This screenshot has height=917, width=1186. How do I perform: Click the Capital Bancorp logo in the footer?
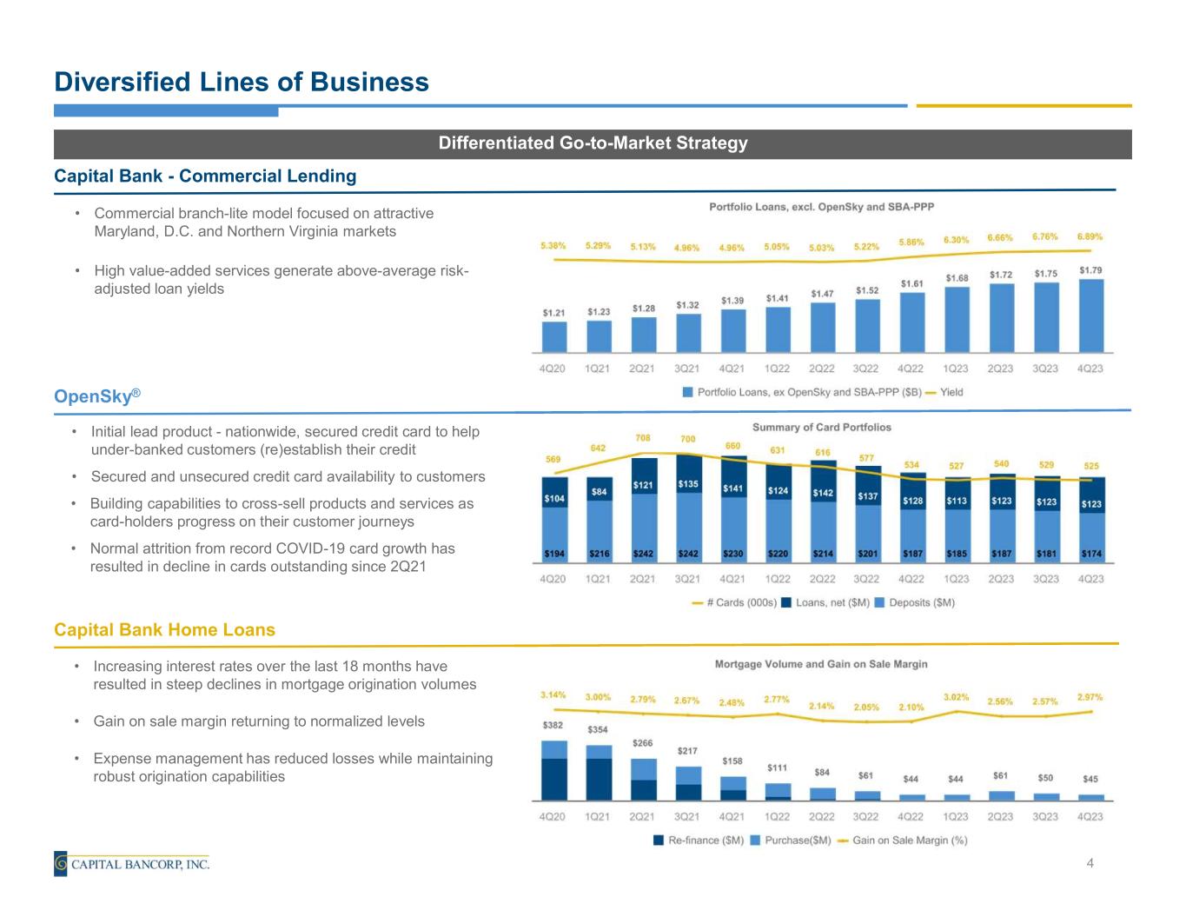(x=132, y=864)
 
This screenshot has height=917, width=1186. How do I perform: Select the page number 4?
(x=1090, y=863)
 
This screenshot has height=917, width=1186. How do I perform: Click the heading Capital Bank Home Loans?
(x=164, y=630)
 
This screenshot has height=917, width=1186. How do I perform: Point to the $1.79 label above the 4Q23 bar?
(x=1090, y=270)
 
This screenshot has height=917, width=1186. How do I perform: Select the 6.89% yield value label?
(x=1090, y=236)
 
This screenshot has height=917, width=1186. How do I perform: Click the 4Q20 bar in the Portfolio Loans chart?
(x=553, y=336)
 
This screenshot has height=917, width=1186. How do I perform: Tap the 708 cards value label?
(x=642, y=438)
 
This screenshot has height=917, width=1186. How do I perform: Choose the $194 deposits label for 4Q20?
(x=553, y=554)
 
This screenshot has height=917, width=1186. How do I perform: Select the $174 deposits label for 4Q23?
(x=1090, y=554)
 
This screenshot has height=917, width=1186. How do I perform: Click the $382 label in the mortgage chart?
(x=553, y=725)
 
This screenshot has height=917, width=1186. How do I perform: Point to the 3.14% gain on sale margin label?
(x=553, y=694)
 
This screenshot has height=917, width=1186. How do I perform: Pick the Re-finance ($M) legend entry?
(x=699, y=841)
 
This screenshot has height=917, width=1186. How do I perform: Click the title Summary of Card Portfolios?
(x=821, y=427)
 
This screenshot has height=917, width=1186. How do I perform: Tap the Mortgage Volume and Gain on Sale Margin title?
(x=821, y=664)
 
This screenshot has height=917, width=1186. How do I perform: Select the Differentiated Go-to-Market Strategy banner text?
(x=593, y=143)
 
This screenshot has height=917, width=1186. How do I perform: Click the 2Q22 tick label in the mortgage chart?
(x=821, y=816)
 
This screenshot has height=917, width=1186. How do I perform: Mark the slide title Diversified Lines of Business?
(x=242, y=82)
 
